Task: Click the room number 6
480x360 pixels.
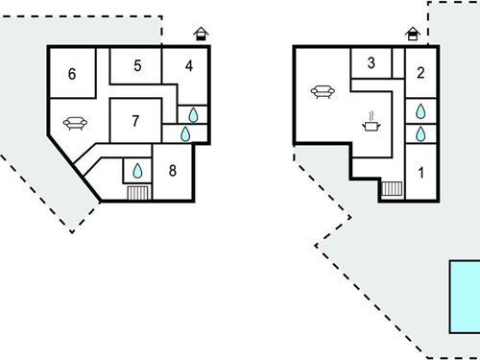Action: coord(72,75)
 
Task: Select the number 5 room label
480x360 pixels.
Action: coord(137,65)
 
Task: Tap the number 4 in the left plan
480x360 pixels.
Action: coord(189,65)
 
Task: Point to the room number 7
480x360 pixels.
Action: coord(135,121)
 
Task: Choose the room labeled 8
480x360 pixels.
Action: coord(173,171)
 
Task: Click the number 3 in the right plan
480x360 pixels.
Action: coord(370,63)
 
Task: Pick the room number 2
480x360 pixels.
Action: coord(420,71)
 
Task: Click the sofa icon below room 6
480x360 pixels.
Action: coord(75,122)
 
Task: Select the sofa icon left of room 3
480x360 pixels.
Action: coord(323,91)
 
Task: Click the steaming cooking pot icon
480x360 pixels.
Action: coord(370,123)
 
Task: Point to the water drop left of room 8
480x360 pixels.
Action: coord(137,171)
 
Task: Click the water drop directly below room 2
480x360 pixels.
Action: coord(420,111)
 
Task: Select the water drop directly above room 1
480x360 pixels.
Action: coord(420,133)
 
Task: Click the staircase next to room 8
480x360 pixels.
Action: coord(137,192)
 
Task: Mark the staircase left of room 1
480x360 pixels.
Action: coord(392,188)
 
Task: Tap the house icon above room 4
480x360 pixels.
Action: coord(201,35)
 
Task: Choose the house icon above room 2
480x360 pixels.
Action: coord(413,35)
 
